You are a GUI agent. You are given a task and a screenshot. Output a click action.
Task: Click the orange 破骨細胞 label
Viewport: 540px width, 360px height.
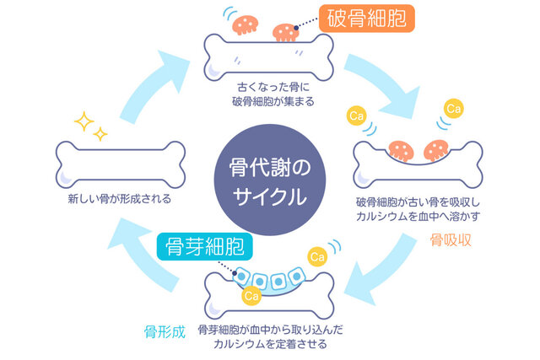pyautogui.click(x=367, y=18)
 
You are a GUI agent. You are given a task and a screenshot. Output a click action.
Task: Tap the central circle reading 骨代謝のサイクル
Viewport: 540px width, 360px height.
pyautogui.click(x=268, y=180)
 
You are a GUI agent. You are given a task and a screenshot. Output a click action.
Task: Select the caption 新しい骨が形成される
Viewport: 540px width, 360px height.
pyautogui.click(x=119, y=200)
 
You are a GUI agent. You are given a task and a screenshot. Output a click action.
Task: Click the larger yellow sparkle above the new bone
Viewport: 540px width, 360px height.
pyautogui.click(x=84, y=121)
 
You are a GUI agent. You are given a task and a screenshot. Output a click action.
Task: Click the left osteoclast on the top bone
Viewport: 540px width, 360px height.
pyautogui.click(x=245, y=24)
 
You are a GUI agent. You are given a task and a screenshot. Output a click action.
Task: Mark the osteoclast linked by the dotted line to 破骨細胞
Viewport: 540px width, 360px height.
pyautogui.click(x=286, y=32)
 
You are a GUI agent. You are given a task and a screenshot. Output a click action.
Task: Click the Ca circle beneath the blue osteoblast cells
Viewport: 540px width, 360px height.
pyautogui.click(x=251, y=296)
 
